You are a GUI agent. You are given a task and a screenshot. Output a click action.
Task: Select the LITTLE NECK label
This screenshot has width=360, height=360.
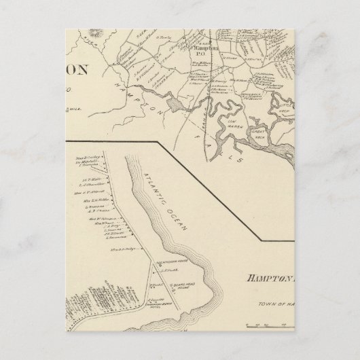(281, 109)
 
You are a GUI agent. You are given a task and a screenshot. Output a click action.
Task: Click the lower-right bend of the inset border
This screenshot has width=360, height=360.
(264, 240)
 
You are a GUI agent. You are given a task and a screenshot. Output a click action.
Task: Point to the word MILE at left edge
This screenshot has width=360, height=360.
(73, 105)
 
